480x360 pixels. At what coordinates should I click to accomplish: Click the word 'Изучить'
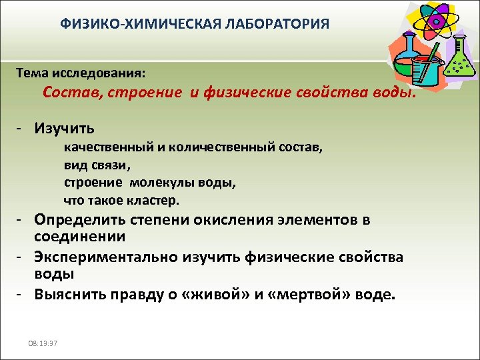[64, 127]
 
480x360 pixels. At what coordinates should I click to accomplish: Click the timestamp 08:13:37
[41, 343]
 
